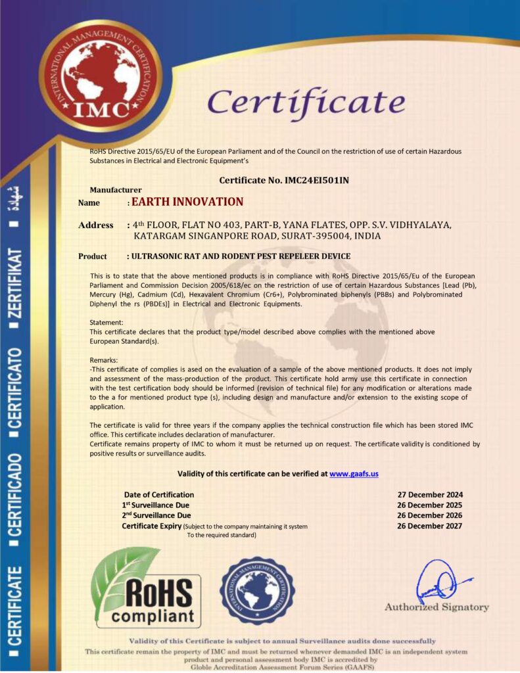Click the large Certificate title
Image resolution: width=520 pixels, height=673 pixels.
[x=306, y=103]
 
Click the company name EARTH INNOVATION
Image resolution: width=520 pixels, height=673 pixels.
[x=187, y=202]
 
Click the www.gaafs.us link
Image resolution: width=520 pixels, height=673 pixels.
[x=354, y=473]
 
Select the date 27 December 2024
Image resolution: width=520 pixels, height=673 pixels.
[x=430, y=494]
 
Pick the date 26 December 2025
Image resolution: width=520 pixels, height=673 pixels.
[x=430, y=505]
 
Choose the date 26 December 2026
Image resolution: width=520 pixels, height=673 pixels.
[x=430, y=515]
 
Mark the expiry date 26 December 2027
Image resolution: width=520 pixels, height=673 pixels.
[x=430, y=526]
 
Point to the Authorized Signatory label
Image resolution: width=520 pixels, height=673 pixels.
[x=437, y=607]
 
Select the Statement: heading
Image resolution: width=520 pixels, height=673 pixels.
[x=106, y=323]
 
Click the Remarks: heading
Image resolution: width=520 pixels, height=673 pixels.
[x=104, y=360]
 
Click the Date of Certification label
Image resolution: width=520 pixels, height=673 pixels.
[x=159, y=494]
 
